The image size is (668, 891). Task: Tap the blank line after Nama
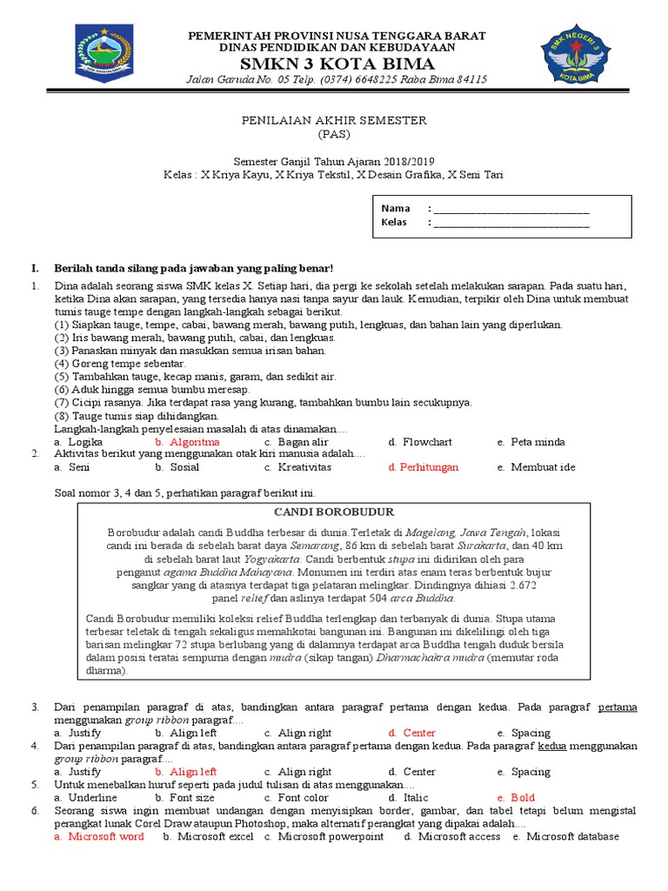tap(511, 209)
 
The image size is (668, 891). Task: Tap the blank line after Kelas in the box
tap(511, 223)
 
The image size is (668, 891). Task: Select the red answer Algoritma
tap(195, 442)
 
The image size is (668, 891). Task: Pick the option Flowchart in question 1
tap(427, 442)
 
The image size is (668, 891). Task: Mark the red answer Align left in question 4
tap(193, 772)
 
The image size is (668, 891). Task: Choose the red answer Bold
tap(523, 797)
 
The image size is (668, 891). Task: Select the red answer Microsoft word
tap(106, 836)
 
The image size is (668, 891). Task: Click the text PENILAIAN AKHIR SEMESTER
tap(334, 120)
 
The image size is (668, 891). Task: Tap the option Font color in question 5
tap(303, 797)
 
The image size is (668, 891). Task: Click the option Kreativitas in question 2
tap(304, 467)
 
